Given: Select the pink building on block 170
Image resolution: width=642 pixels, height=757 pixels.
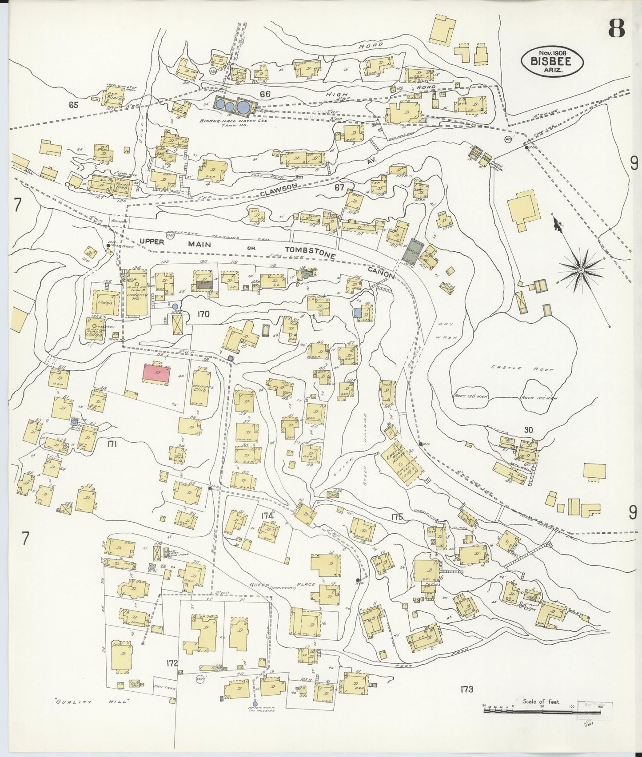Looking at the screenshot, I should (156, 373).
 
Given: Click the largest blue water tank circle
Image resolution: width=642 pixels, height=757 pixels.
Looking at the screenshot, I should (243, 107).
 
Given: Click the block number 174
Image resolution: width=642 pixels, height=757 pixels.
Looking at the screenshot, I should (267, 515).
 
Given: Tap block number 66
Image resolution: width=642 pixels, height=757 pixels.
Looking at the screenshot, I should (265, 94).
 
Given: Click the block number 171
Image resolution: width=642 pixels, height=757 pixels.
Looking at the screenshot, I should (111, 443).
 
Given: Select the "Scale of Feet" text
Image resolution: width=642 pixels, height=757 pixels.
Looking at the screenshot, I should (541, 702).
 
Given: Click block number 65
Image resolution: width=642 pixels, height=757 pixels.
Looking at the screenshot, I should (74, 105).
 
